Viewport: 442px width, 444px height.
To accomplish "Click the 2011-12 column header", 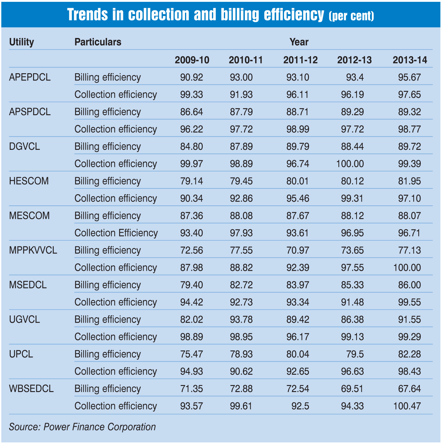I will [x=300, y=60].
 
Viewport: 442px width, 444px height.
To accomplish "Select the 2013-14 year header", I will [x=410, y=60].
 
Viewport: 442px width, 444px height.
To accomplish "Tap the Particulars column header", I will [x=98, y=42].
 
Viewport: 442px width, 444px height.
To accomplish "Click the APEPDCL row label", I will [x=30, y=77].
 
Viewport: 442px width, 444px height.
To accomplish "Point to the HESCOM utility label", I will [x=29, y=181].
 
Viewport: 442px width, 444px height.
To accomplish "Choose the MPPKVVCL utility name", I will [x=33, y=250].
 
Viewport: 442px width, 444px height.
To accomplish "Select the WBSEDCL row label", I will [x=31, y=389].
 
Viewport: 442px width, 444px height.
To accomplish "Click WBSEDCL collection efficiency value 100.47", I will [x=407, y=406].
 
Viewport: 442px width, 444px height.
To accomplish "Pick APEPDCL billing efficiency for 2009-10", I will [x=191, y=77].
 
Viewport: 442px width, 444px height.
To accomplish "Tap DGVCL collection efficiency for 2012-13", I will [x=350, y=164].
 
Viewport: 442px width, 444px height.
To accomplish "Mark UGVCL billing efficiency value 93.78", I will [x=241, y=319].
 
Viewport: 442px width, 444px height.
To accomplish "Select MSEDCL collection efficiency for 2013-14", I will [x=409, y=302].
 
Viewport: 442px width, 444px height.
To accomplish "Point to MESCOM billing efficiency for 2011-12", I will [x=298, y=216].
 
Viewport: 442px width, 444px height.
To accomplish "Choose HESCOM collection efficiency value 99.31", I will [x=352, y=198].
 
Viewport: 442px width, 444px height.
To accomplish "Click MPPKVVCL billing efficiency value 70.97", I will [x=298, y=250].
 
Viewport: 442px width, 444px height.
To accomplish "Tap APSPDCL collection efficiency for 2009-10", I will [x=191, y=129].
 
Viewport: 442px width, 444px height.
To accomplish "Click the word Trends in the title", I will [x=87, y=14].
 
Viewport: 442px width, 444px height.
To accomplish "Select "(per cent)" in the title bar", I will [x=351, y=16].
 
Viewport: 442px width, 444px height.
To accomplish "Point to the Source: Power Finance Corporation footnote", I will [x=82, y=427].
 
